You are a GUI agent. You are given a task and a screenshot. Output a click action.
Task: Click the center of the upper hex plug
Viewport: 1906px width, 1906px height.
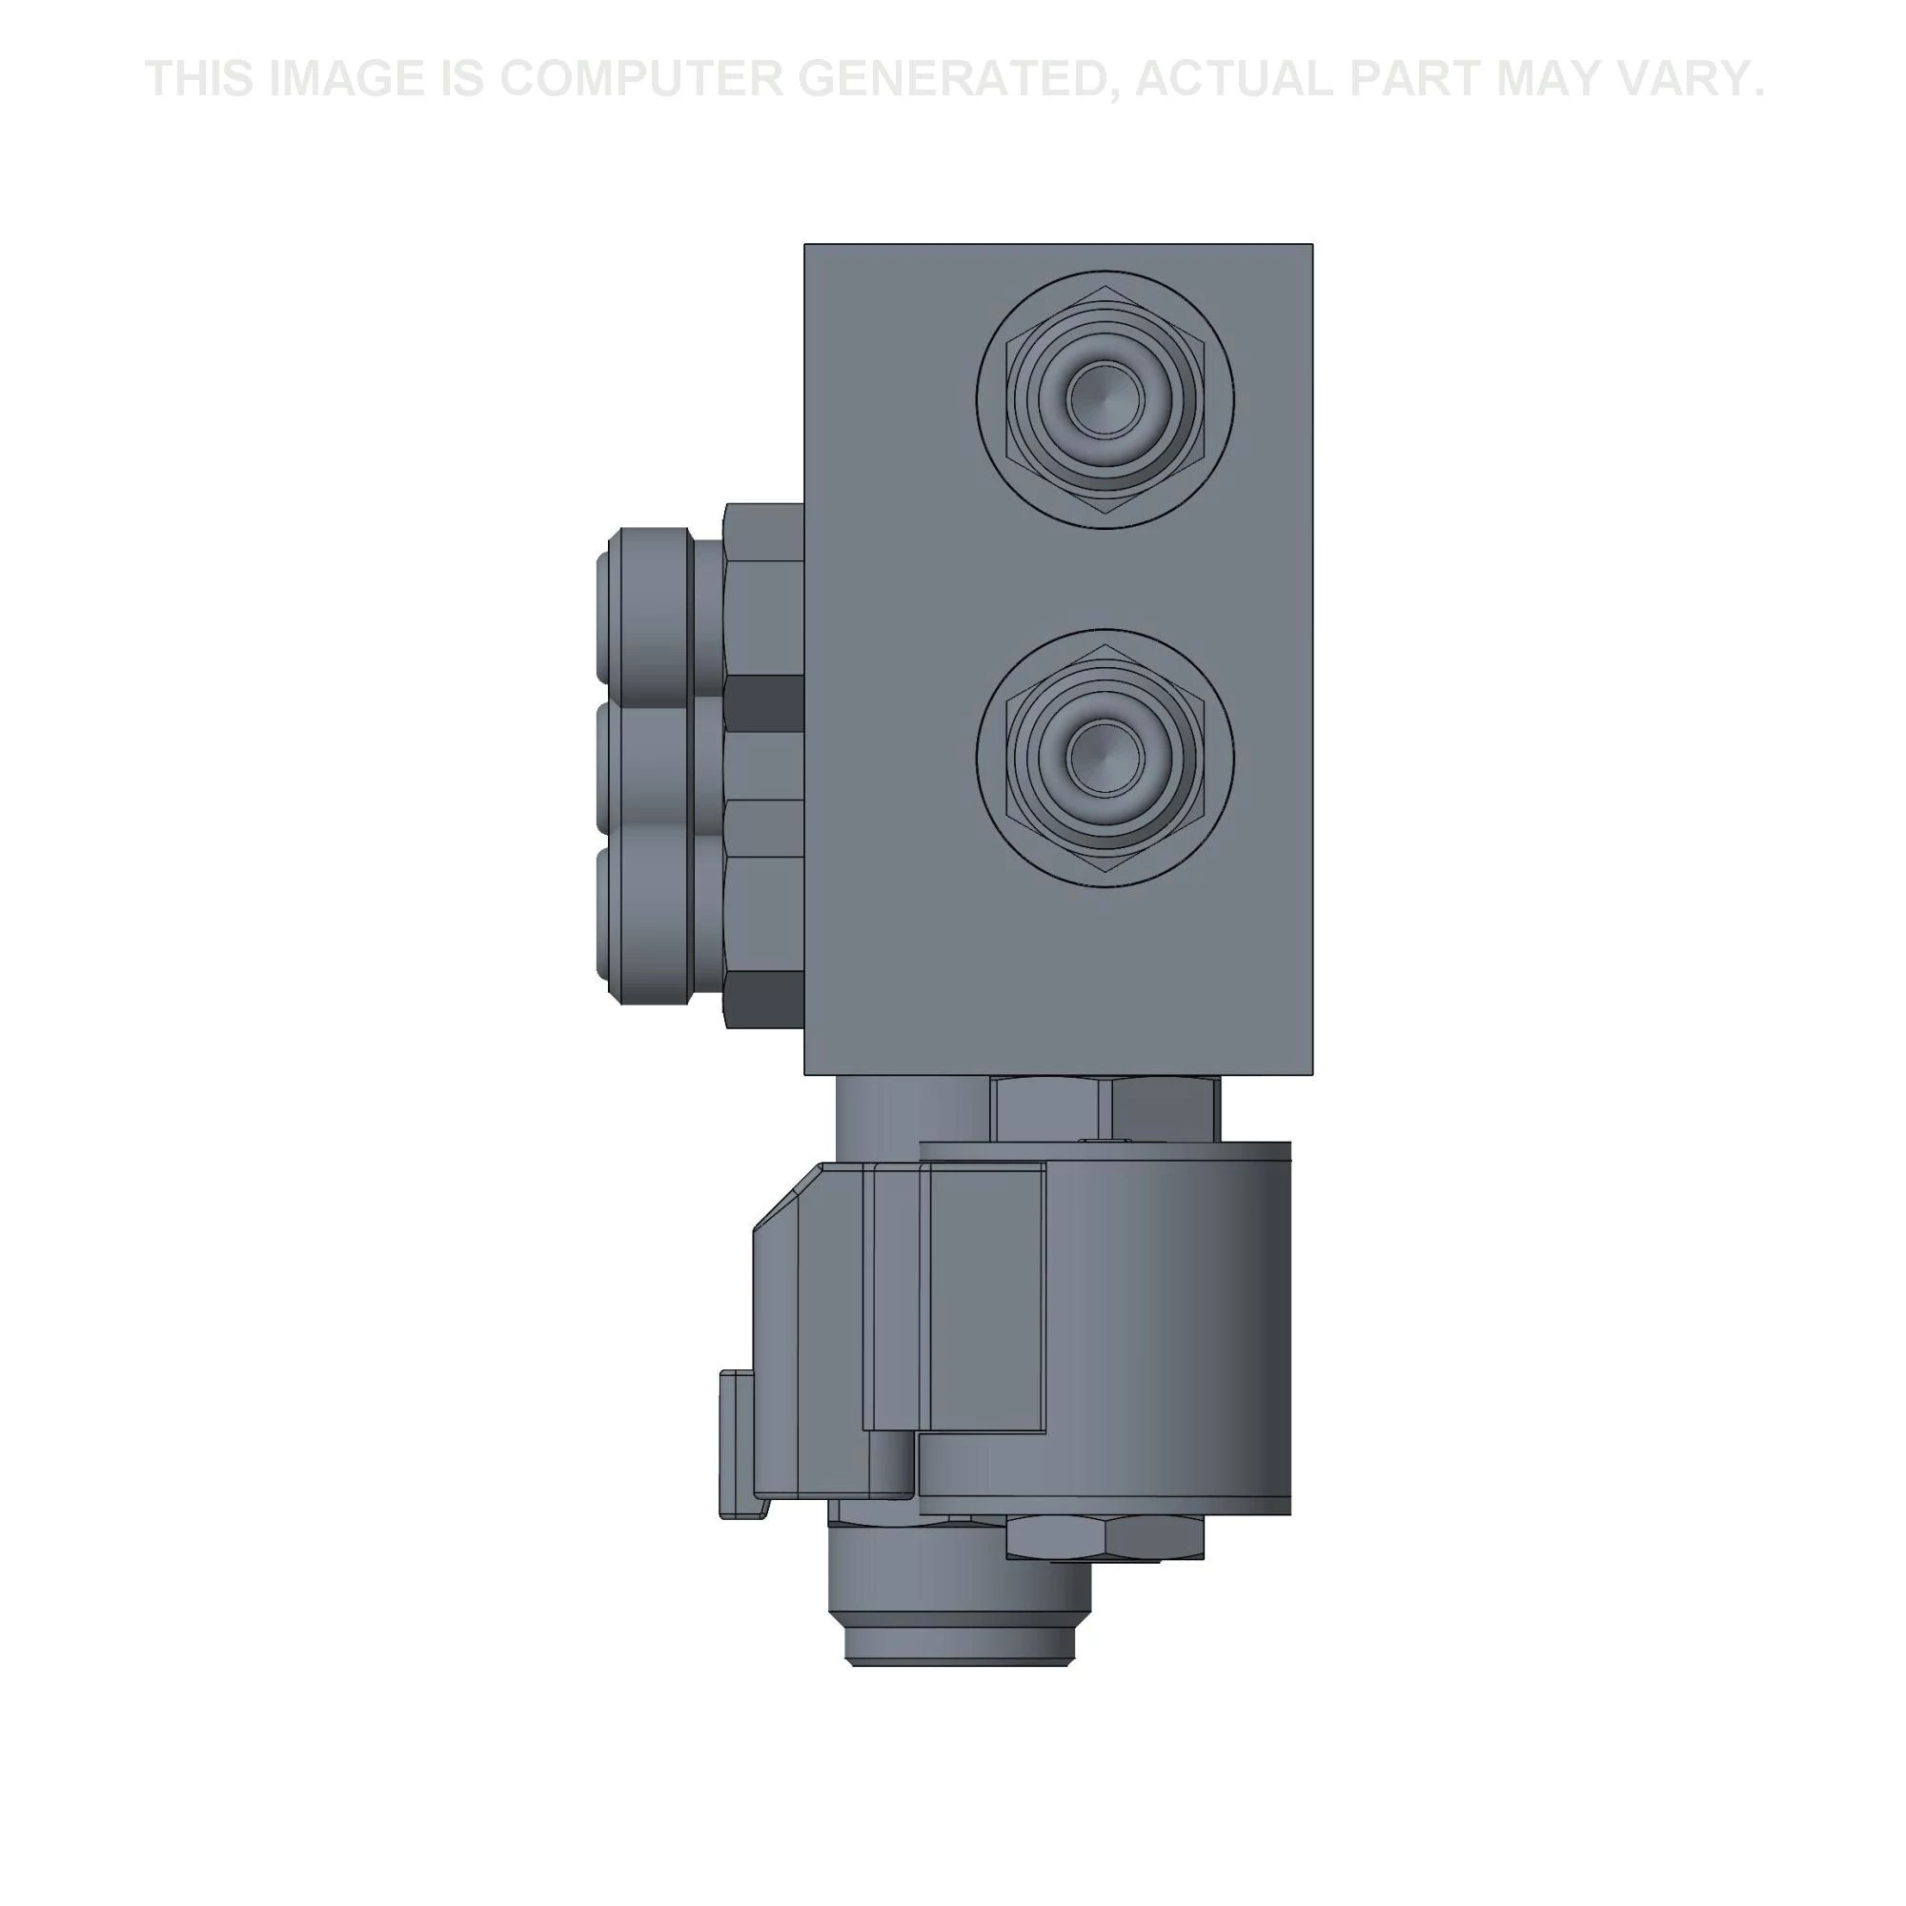1105,399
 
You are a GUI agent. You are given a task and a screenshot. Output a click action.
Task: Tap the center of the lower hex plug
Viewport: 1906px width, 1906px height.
1105,758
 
